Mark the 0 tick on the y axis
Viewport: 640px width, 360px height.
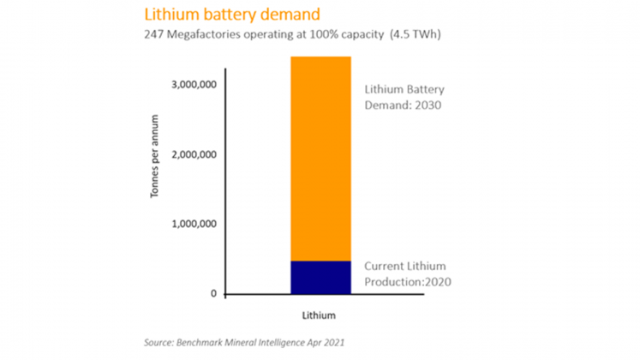212,295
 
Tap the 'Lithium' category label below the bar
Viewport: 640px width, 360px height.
320,315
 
